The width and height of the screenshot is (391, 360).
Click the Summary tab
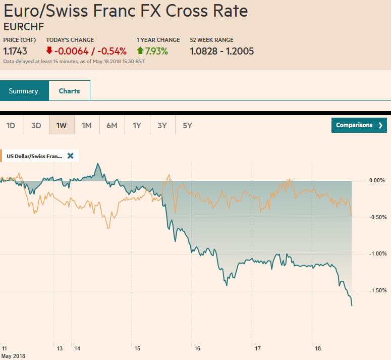coord(24,91)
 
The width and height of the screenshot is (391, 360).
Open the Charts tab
coord(69,91)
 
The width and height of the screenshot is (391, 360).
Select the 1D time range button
coord(11,125)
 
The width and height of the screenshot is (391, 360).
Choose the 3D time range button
coord(36,125)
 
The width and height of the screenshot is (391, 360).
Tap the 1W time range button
coord(62,125)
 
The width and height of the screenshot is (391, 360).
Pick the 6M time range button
coord(112,125)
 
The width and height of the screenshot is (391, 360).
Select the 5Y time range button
coord(187,125)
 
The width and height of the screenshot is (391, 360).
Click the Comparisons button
coord(359,125)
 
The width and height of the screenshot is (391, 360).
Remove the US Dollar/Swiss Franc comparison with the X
coord(70,156)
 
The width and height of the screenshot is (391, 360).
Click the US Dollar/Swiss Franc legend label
coord(34,156)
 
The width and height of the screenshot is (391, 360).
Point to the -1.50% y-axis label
coord(377,290)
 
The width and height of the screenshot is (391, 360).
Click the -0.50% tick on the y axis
coord(377,217)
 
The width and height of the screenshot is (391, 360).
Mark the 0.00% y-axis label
coord(378,180)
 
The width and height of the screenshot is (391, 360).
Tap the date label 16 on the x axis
coord(197,348)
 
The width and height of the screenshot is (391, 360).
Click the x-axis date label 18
coord(317,348)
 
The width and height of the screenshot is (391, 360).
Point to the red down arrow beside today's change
coord(49,51)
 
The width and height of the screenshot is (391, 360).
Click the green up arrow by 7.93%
coord(140,51)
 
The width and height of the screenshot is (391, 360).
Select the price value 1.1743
coord(15,51)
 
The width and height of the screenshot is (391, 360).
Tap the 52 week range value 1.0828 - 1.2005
coord(221,51)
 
